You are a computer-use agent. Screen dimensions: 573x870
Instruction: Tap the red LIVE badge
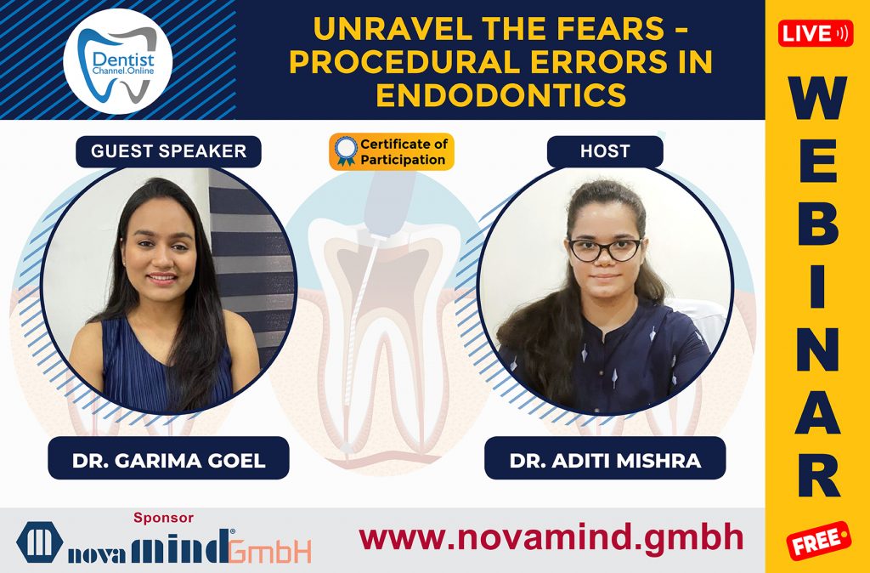pyautogui.click(x=816, y=33)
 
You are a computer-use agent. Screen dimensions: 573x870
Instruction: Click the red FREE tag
pyautogui.click(x=817, y=540)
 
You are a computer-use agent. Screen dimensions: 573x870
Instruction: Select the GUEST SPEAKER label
pyautogui.click(x=168, y=151)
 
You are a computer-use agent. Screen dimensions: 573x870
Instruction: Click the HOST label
pyautogui.click(x=604, y=151)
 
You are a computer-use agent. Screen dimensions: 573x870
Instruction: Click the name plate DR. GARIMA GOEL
pyautogui.click(x=168, y=461)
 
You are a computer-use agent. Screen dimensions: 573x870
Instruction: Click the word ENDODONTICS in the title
pyautogui.click(x=500, y=94)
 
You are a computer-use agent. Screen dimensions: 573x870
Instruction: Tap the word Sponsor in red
pyautogui.click(x=164, y=517)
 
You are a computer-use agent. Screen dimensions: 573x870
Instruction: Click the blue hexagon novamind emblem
pyautogui.click(x=40, y=542)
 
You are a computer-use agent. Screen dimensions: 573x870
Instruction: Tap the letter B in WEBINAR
pyautogui.click(x=816, y=223)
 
